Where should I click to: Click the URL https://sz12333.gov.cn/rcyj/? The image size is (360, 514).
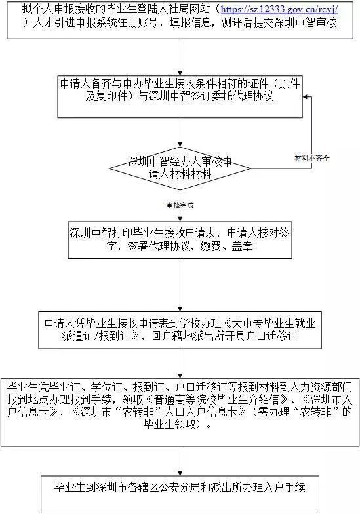point(279,9)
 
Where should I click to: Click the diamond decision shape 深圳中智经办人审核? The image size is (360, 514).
point(180,168)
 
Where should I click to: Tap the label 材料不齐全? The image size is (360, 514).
point(312,159)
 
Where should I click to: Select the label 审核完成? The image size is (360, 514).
point(180,205)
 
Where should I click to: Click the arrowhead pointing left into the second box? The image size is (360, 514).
point(306,97)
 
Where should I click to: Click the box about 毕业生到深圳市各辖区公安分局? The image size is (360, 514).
point(180,494)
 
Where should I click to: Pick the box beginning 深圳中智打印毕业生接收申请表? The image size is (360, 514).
point(180,240)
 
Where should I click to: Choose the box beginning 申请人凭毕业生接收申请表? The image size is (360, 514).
point(180,330)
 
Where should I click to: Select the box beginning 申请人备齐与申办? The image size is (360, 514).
point(180,97)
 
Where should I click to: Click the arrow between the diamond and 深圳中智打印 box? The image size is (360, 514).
point(180,206)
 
